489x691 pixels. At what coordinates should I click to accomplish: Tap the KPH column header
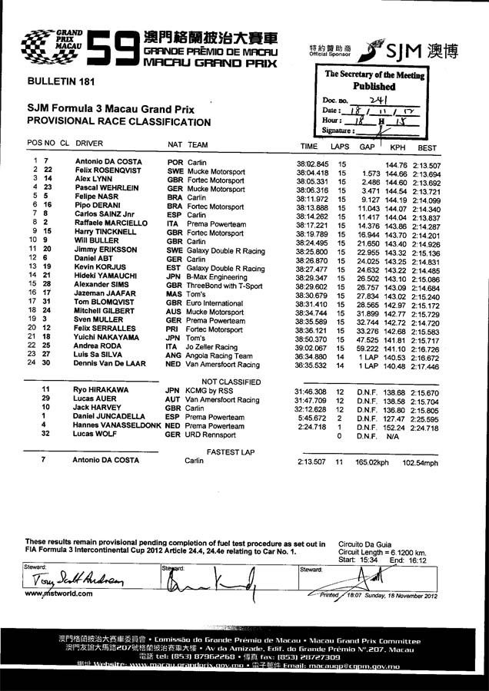click(398, 147)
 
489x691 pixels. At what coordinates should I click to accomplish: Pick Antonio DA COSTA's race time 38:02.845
click(312, 164)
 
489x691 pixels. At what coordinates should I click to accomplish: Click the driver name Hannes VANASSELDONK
click(116, 425)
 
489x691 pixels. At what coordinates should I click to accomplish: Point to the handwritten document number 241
click(379, 100)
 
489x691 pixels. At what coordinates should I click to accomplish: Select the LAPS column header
click(340, 147)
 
